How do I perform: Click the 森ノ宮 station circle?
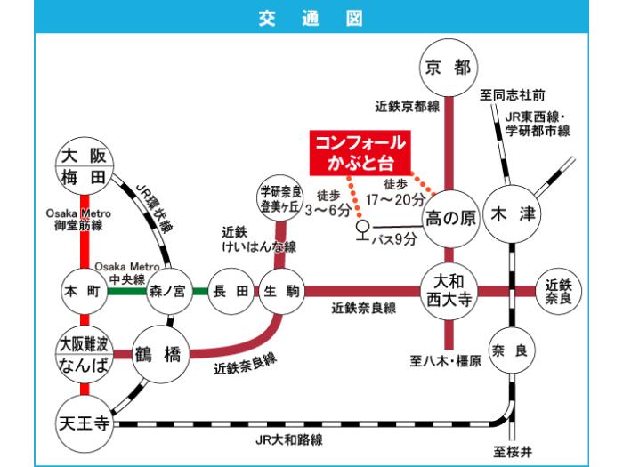coord(166,290)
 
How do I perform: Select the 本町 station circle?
coord(82,290)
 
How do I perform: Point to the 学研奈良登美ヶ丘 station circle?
coord(278,196)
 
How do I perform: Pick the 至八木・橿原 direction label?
coord(445,360)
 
